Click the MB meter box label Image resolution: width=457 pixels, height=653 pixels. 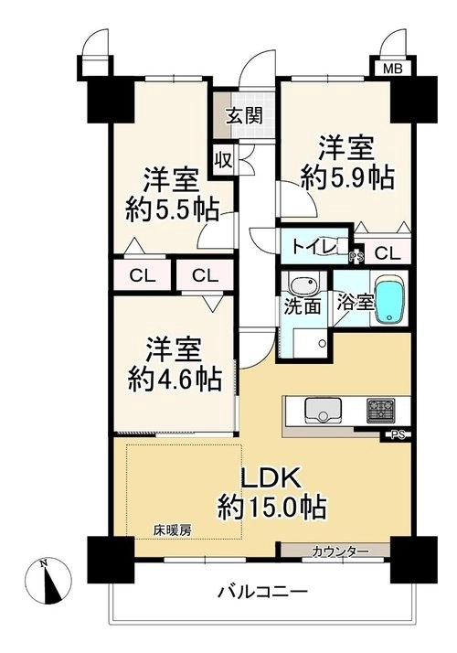click(x=392, y=69)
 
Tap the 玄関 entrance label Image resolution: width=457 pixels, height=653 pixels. click(x=245, y=115)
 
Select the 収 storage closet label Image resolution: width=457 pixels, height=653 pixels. click(x=223, y=160)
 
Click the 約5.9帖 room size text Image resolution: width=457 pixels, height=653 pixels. click(x=347, y=178)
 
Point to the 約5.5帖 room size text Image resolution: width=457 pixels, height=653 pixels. click(x=173, y=210)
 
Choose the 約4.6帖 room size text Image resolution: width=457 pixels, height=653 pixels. click(x=174, y=379)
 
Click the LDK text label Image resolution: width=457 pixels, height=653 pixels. click(x=271, y=479)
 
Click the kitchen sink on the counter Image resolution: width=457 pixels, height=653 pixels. click(x=323, y=410)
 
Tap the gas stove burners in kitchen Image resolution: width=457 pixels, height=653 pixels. click(x=380, y=409)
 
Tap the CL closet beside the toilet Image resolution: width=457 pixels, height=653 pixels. click(x=388, y=252)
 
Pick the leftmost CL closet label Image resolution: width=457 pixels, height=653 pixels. click(x=143, y=275)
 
